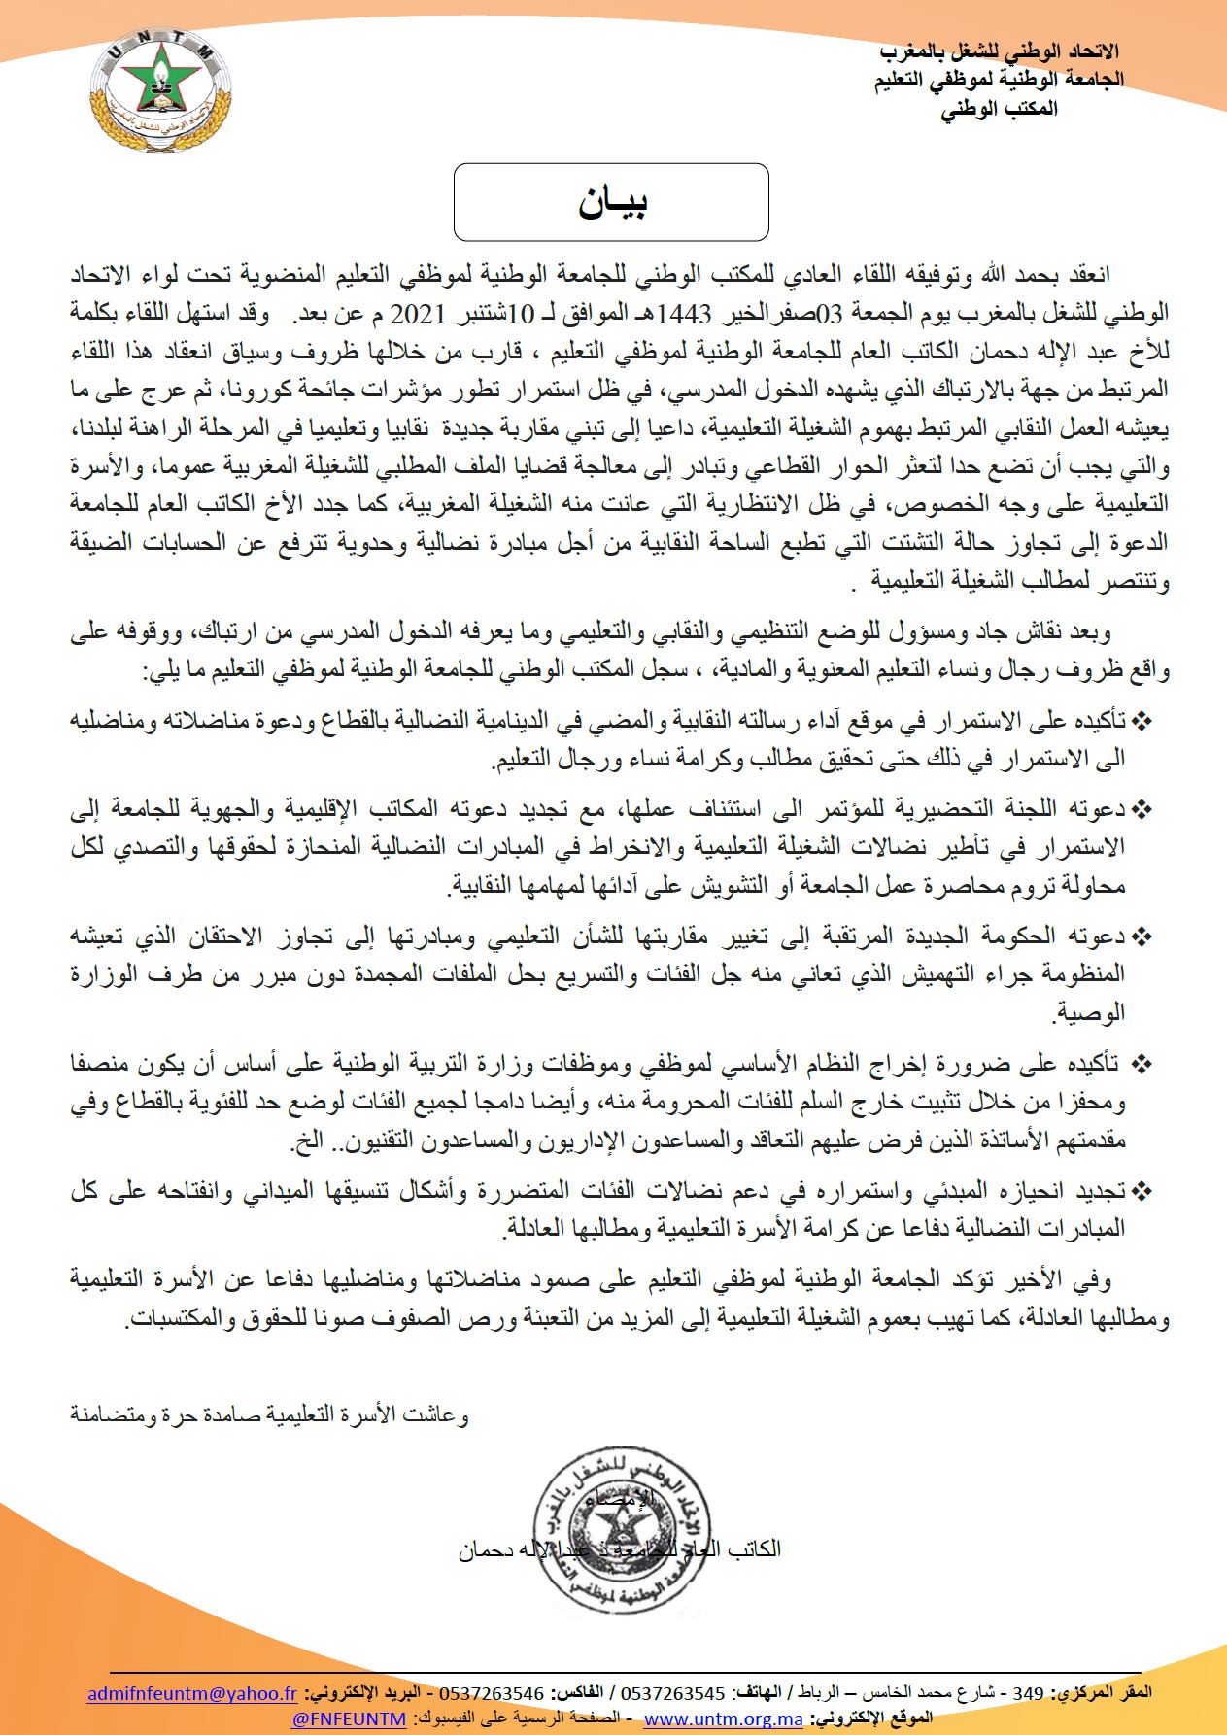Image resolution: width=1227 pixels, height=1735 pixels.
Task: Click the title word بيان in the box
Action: pyautogui.click(x=612, y=203)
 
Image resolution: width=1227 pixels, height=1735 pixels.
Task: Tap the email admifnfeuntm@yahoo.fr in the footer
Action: pyautogui.click(x=192, y=1693)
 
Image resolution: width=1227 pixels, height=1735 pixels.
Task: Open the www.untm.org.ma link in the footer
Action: pyautogui.click(x=724, y=1718)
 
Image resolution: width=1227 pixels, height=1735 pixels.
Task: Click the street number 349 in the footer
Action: pyautogui.click(x=1028, y=1693)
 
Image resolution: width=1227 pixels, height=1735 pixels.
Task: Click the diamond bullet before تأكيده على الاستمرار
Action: pyautogui.click(x=1142, y=720)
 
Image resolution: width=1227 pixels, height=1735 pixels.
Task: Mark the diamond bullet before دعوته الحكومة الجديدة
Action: pyautogui.click(x=1142, y=936)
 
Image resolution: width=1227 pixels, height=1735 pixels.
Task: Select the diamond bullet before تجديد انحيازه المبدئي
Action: pyautogui.click(x=1142, y=1189)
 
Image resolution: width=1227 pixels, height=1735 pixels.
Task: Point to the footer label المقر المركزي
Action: pyautogui.click(x=1108, y=1693)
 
